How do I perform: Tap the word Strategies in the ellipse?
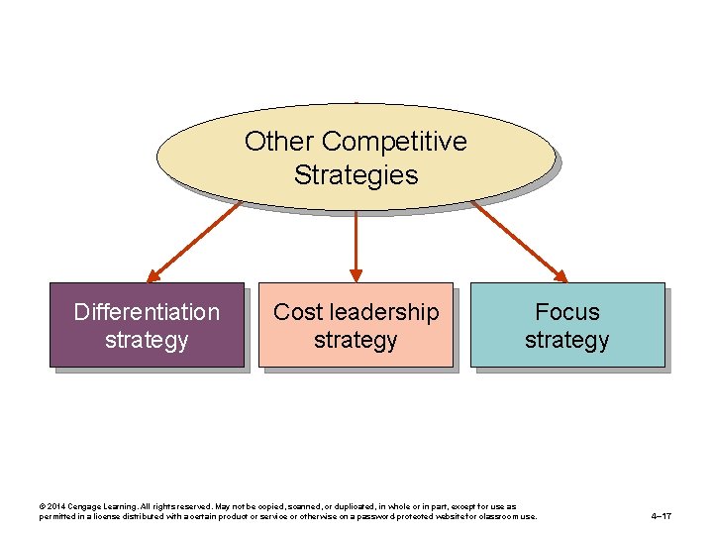[x=356, y=176]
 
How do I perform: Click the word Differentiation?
[x=147, y=312]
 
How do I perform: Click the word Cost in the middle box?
[x=295, y=312]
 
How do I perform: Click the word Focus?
[x=566, y=312]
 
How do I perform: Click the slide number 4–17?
[x=662, y=516]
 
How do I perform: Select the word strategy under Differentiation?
[x=147, y=340]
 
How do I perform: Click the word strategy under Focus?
[x=566, y=340]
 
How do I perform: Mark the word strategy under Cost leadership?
[x=356, y=340]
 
